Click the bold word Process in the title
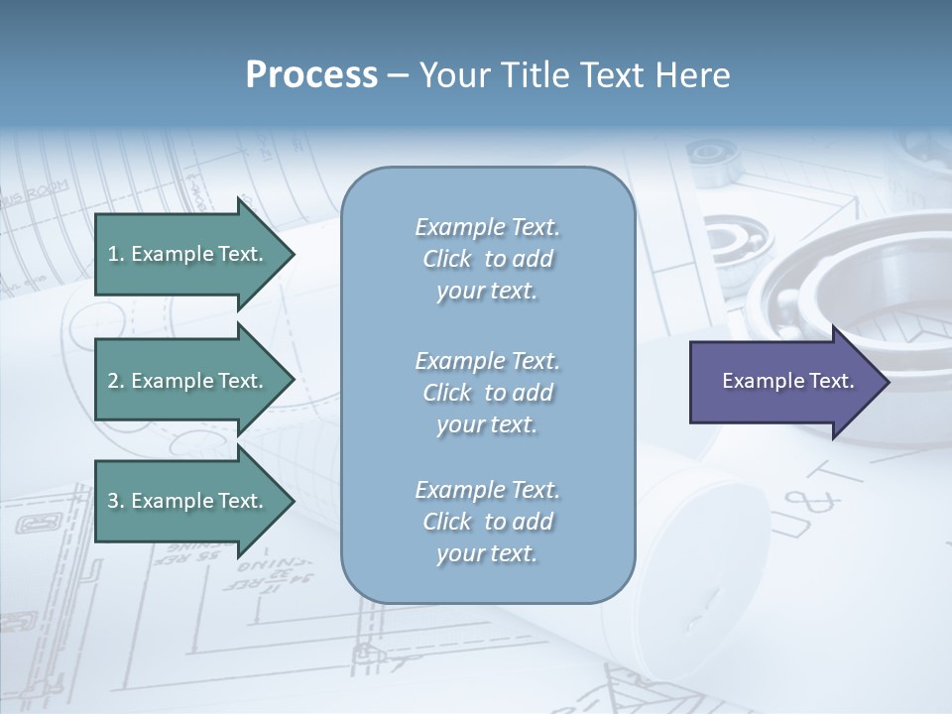[x=311, y=75]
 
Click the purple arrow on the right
[x=783, y=381]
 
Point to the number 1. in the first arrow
[x=116, y=254]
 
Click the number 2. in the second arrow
[x=116, y=381]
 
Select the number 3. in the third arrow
[x=116, y=501]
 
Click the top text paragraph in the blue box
[x=487, y=259]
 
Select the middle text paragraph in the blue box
[x=487, y=393]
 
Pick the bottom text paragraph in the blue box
[x=487, y=522]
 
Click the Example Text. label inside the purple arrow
[x=788, y=381]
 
